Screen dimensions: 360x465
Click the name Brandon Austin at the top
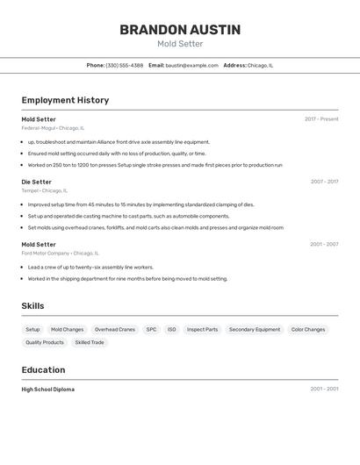(180, 30)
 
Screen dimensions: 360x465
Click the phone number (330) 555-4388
(125, 65)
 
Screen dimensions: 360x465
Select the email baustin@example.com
(192, 65)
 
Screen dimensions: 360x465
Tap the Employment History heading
(65, 100)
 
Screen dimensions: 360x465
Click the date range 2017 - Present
(321, 119)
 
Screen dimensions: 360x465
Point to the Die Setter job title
(37, 182)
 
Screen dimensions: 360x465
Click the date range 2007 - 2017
(324, 182)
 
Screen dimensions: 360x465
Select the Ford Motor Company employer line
(58, 253)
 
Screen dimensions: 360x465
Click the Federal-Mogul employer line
(53, 127)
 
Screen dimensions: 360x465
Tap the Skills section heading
(33, 305)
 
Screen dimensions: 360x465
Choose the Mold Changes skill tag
(68, 329)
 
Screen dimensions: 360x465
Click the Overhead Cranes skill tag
(115, 329)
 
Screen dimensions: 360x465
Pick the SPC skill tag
(151, 329)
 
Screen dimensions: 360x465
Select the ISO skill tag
(172, 329)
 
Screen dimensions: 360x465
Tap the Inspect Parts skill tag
(202, 329)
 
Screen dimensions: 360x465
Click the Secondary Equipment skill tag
(255, 329)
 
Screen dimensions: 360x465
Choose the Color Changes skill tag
(308, 329)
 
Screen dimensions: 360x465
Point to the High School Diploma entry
(48, 389)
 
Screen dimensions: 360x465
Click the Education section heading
(43, 369)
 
